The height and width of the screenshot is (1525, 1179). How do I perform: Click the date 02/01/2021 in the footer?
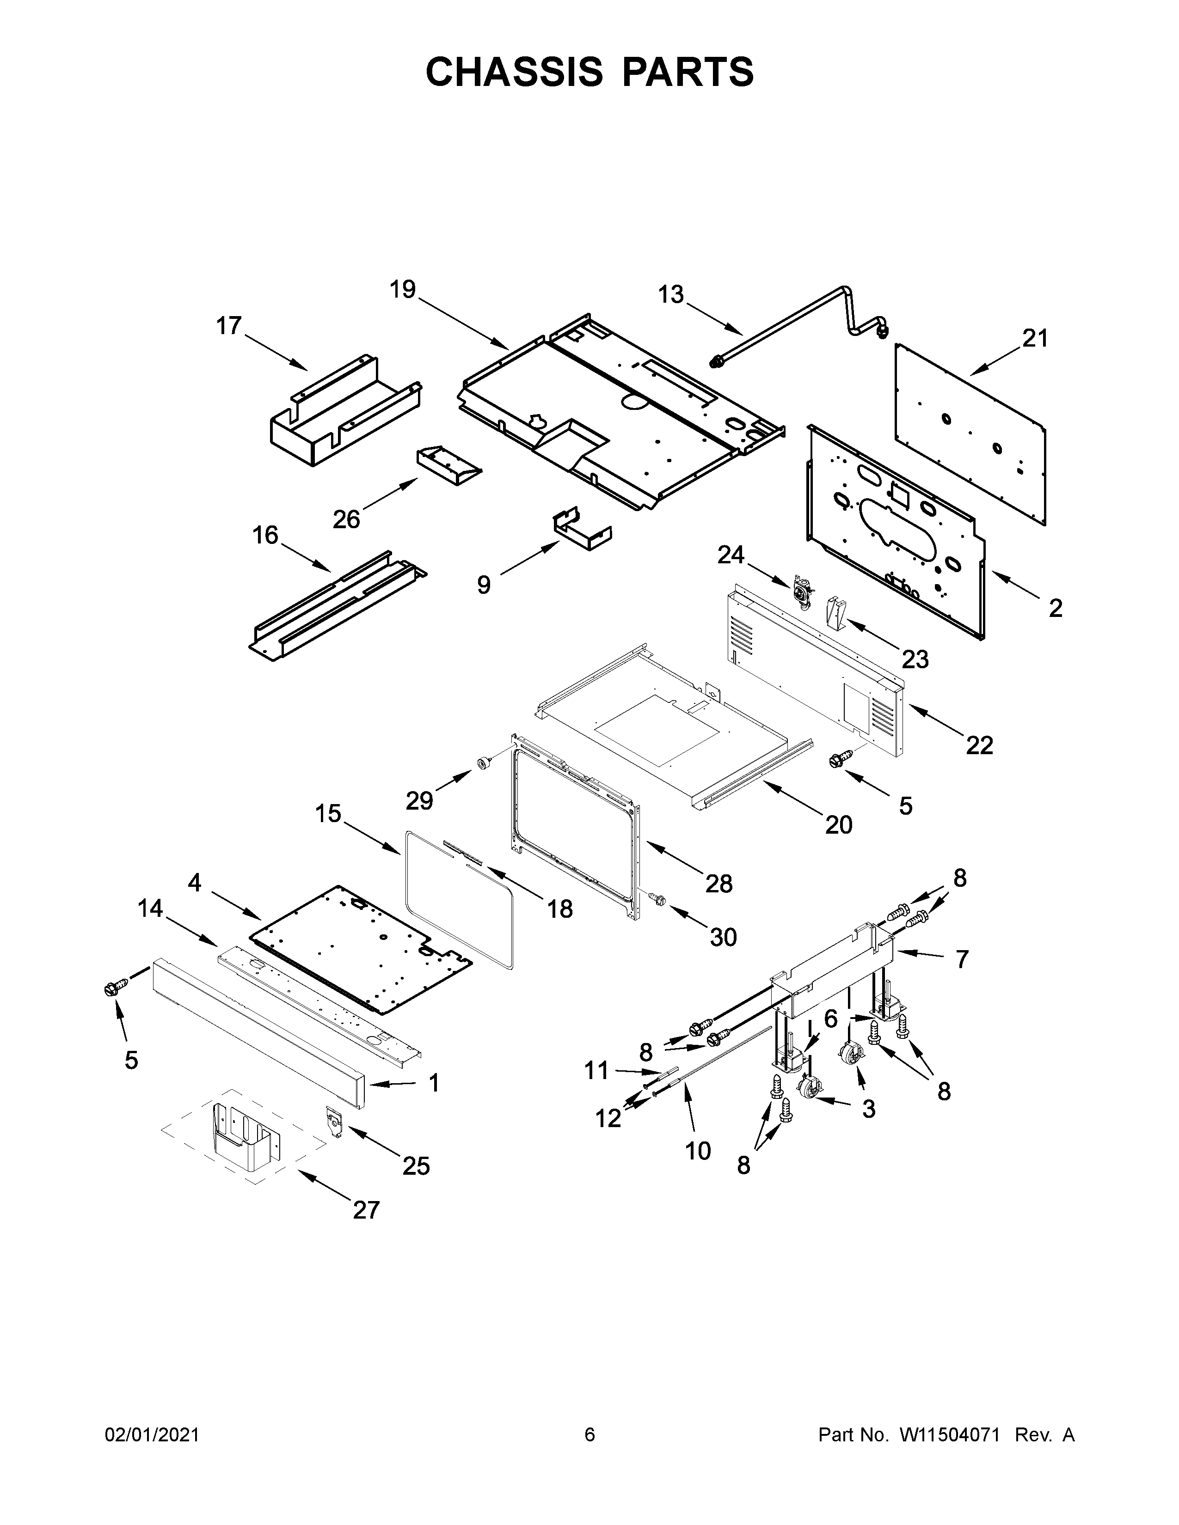pyautogui.click(x=152, y=1434)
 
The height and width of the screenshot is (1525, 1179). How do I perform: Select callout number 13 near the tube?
pyautogui.click(x=670, y=295)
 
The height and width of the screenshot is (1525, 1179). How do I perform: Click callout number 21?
pyautogui.click(x=1035, y=339)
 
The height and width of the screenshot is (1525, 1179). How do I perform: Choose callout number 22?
pyautogui.click(x=979, y=746)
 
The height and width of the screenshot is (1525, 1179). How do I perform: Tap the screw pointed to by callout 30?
pyautogui.click(x=657, y=901)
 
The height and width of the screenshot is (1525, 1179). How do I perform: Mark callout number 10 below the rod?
pyautogui.click(x=698, y=1150)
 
